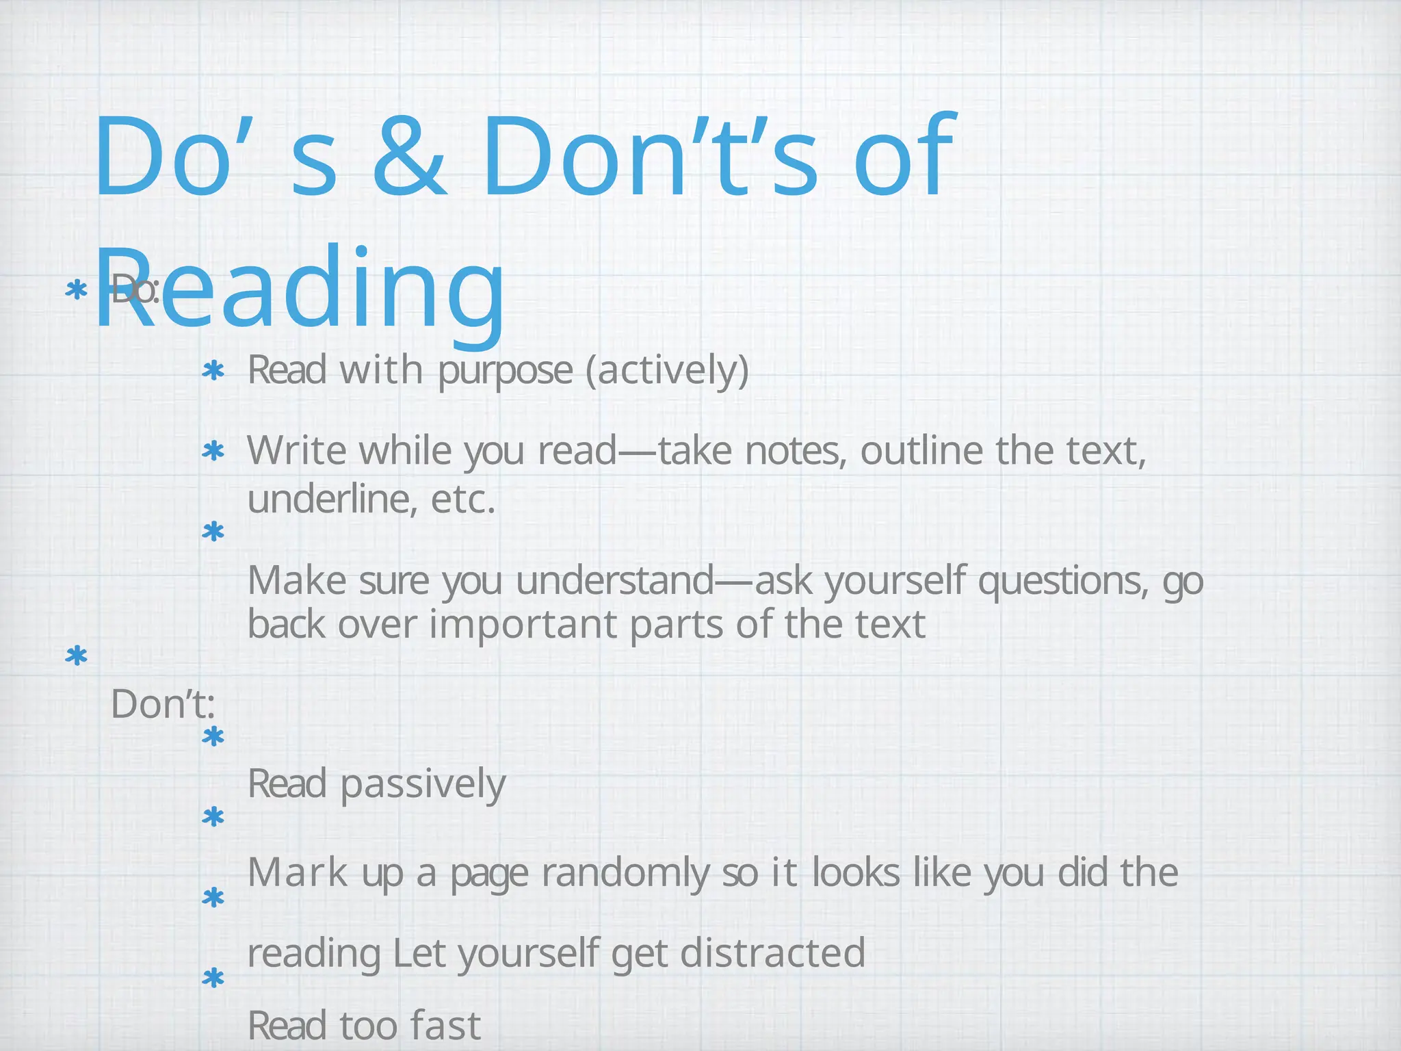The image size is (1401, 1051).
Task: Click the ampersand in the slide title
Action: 408,157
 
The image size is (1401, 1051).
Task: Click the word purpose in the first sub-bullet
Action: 505,371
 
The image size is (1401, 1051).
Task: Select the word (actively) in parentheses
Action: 668,371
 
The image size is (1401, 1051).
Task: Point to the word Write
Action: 298,452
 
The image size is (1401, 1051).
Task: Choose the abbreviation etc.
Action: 462,499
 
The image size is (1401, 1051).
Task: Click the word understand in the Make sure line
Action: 616,581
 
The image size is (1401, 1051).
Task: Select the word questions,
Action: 1063,581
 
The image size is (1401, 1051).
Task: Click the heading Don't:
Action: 163,704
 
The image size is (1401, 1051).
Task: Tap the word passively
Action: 423,784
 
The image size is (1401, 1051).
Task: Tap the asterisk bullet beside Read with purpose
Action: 213,372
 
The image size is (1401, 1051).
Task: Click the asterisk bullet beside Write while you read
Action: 213,452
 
